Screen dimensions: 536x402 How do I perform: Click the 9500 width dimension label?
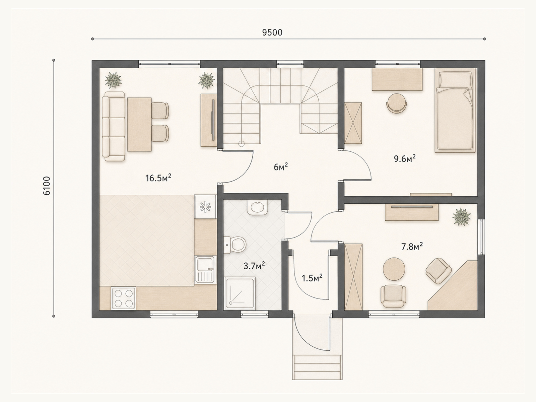click(x=272, y=32)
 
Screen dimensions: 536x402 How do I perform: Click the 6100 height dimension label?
click(x=46, y=186)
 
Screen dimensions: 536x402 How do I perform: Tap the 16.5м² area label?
click(x=158, y=178)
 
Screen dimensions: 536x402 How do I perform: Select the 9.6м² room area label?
click(x=405, y=159)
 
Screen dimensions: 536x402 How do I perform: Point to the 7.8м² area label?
click(x=412, y=247)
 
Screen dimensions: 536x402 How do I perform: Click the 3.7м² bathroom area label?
click(x=255, y=266)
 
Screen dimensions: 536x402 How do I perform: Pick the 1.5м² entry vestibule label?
click(x=312, y=278)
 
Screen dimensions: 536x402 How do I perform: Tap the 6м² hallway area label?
click(x=281, y=167)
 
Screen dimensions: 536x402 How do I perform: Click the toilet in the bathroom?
click(x=234, y=244)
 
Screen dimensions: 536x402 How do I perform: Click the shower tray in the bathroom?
click(x=240, y=293)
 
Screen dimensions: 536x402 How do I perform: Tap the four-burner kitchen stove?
click(x=123, y=298)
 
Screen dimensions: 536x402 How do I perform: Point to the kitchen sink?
click(x=206, y=269)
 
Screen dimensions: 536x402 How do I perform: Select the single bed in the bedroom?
click(x=455, y=110)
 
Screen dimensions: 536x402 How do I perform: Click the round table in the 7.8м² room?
click(x=394, y=269)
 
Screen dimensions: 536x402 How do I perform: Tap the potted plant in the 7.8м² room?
click(x=461, y=216)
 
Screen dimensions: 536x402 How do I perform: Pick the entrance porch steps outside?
click(x=317, y=367)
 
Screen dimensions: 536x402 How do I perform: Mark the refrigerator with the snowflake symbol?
click(x=205, y=206)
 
